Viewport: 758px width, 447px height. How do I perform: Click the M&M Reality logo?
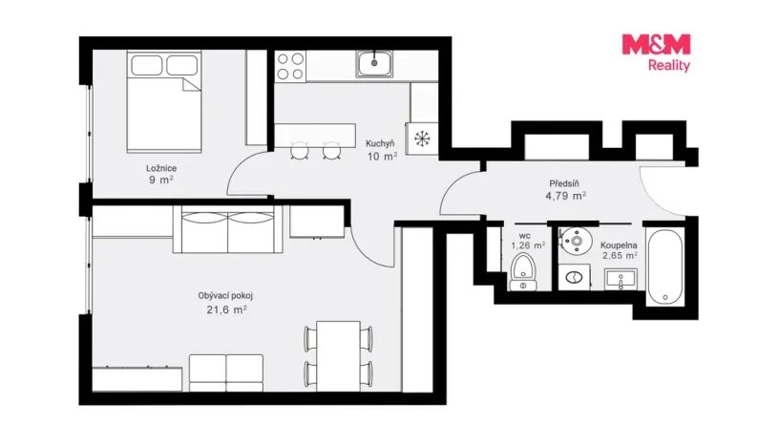pos(656,53)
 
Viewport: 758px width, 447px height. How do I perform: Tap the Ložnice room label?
pos(161,168)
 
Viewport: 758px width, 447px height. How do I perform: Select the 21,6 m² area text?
pos(226,309)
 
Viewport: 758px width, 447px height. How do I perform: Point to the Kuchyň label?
pos(380,143)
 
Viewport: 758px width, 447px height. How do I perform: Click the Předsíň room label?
pos(564,183)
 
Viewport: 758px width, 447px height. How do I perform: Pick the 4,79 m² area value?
pos(565,196)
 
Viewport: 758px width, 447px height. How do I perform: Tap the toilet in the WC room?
pos(522,271)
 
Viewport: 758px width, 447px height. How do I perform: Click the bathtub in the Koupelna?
pos(665,266)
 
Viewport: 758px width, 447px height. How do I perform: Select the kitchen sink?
pos(374,64)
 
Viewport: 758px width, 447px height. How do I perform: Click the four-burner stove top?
pos(290,66)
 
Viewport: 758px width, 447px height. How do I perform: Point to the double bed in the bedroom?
pos(164,102)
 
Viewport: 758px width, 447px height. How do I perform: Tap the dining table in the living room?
pos(338,355)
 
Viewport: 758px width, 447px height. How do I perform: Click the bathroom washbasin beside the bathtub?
pos(621,280)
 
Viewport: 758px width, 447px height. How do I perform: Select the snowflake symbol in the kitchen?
pos(422,138)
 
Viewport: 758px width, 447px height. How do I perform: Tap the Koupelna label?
pos(619,245)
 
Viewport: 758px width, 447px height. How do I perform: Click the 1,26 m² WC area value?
pos(528,245)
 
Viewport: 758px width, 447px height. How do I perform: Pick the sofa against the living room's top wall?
pos(228,229)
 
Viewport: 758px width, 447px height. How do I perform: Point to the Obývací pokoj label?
pos(225,296)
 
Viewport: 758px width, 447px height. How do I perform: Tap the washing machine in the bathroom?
pos(574,277)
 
